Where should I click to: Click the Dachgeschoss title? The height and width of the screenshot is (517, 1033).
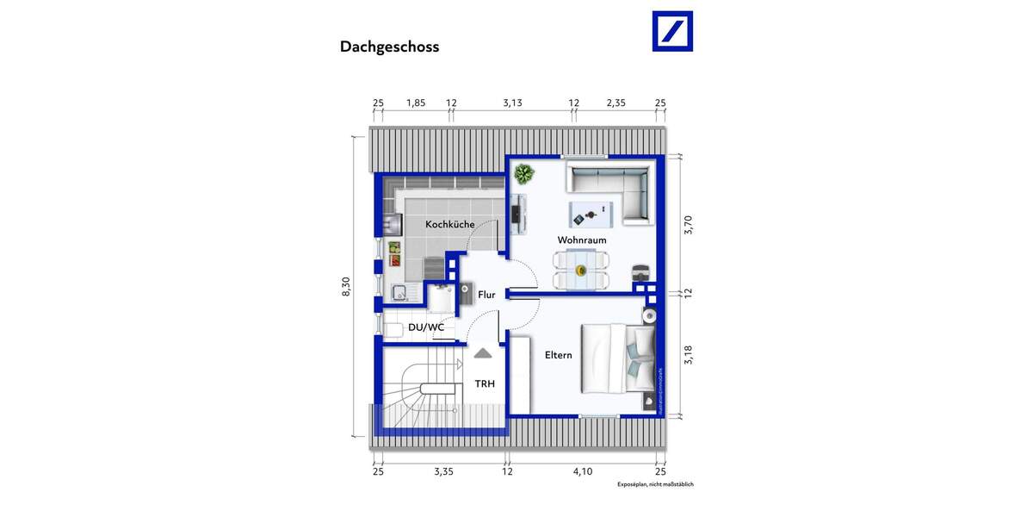[389, 47]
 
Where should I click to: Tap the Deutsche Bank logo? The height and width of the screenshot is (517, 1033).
[671, 31]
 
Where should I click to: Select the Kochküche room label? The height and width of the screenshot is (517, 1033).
[449, 225]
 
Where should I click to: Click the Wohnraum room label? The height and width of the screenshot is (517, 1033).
[582, 240]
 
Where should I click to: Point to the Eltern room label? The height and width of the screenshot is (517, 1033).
[558, 355]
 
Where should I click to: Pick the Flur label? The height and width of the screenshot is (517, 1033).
[486, 295]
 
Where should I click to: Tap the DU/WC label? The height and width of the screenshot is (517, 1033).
[426, 327]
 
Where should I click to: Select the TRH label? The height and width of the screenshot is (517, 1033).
[484, 384]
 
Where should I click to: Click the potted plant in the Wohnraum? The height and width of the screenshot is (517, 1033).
[523, 174]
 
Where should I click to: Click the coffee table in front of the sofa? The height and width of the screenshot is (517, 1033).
[590, 212]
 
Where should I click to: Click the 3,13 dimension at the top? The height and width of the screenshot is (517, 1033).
[512, 103]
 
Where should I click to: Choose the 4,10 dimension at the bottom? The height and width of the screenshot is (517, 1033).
[583, 471]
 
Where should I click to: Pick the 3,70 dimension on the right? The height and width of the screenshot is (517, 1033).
[687, 226]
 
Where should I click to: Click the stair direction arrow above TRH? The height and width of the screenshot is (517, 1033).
[483, 352]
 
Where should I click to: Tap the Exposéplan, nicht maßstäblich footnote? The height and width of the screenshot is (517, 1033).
[655, 485]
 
